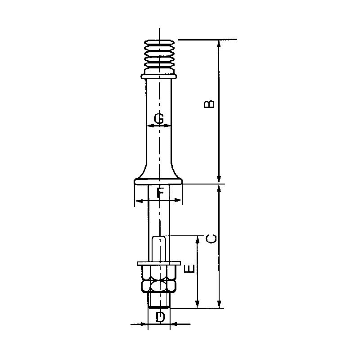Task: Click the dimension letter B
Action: coord(209,104)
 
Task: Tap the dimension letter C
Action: coord(211,238)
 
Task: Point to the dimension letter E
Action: coord(190,269)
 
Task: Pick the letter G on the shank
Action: coord(159,119)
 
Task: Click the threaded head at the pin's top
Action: coord(159,54)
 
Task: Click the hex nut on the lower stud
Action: coord(159,279)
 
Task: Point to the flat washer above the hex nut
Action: coord(159,262)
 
